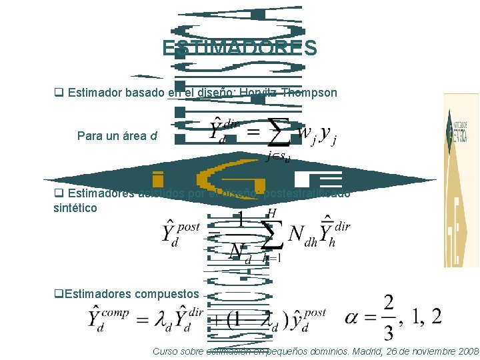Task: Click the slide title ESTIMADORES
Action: (239, 49)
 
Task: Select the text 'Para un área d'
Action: (117, 136)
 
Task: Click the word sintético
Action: (75, 208)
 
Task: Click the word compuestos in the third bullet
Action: (167, 293)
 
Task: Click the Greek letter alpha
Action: (353, 317)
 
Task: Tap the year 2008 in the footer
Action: (465, 351)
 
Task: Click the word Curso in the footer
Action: (164, 351)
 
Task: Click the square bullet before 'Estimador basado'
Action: (58, 93)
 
